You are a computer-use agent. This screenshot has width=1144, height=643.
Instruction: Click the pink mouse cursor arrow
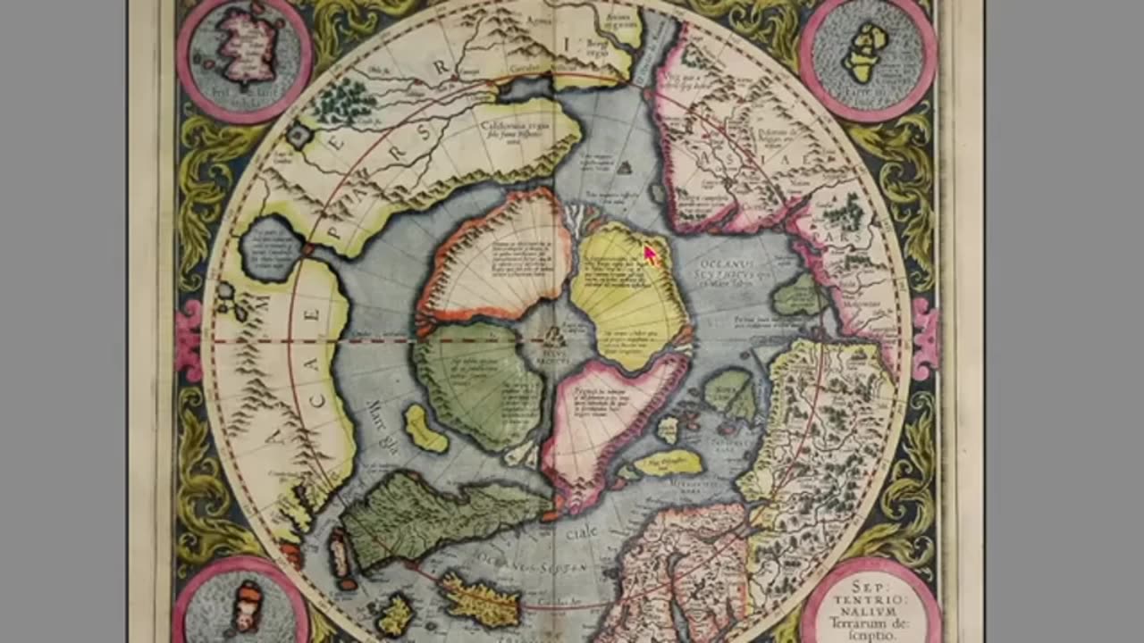(650, 255)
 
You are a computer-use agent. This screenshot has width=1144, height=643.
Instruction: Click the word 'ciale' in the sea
(581, 533)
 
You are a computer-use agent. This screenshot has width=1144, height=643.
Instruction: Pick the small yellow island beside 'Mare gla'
(425, 429)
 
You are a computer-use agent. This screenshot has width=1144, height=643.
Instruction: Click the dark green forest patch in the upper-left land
(344, 101)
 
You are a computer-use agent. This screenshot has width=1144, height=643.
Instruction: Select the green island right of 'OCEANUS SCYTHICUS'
(797, 296)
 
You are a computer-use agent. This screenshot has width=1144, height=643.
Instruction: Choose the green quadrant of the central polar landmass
(478, 384)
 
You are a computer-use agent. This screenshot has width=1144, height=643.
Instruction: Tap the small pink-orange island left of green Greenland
(340, 554)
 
